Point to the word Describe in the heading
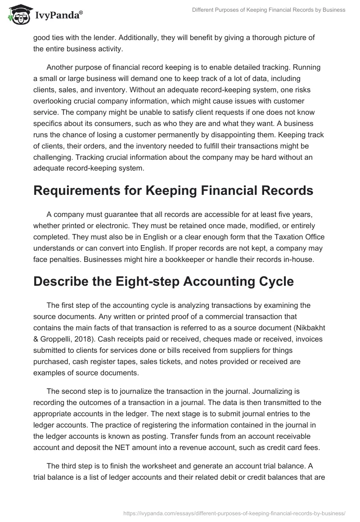(61, 281)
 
